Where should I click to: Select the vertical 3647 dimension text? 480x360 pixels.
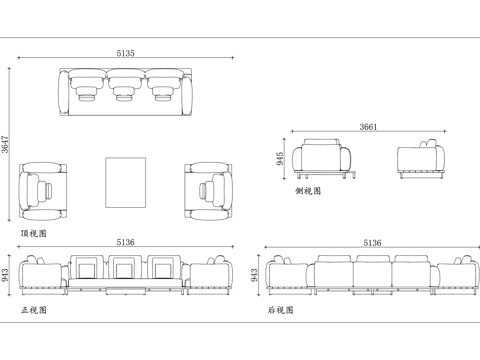(x=6, y=146)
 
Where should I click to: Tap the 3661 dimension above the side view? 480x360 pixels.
(x=368, y=127)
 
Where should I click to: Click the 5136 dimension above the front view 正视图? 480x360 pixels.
(x=126, y=242)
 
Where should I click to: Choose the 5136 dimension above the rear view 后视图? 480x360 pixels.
(x=371, y=243)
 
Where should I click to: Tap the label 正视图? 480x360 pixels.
(x=33, y=310)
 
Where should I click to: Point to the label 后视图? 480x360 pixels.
(x=280, y=310)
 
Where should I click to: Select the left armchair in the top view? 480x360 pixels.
(x=43, y=188)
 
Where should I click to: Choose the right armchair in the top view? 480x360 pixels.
(x=208, y=188)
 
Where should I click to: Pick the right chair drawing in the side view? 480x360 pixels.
(x=421, y=160)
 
